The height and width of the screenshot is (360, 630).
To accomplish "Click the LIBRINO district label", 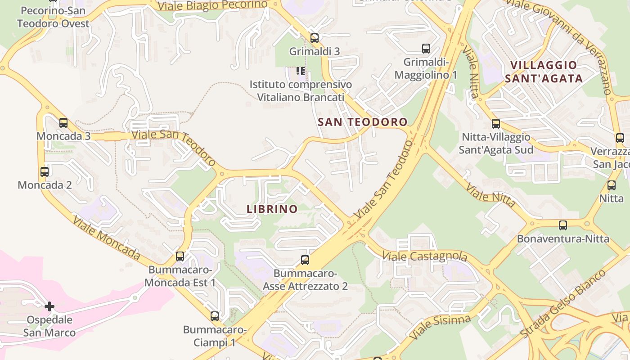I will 272,209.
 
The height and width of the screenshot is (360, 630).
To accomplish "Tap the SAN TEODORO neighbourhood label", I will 362,121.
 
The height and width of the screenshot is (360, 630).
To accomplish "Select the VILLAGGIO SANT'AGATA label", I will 544,72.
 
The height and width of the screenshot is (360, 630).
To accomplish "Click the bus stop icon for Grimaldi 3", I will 314,38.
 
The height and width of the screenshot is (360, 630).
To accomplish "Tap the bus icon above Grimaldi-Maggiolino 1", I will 426,48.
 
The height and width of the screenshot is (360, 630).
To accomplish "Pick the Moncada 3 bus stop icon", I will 63,122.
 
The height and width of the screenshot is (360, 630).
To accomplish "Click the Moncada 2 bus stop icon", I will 45,171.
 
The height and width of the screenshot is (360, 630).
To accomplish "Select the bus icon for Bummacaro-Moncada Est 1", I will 180,256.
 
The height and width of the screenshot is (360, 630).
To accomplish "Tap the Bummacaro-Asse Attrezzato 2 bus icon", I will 305,260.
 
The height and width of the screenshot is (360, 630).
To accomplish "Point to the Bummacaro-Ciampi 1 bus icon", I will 215,316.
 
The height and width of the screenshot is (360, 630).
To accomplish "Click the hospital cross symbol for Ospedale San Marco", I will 49,306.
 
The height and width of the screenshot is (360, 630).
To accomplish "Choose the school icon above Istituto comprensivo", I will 301,71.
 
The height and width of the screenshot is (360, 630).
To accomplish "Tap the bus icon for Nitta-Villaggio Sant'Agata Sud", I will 495,123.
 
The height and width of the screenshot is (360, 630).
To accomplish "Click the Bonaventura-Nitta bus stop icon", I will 562,225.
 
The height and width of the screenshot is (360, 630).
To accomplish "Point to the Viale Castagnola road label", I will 424,256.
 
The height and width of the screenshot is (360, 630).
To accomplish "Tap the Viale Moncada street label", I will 106,238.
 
